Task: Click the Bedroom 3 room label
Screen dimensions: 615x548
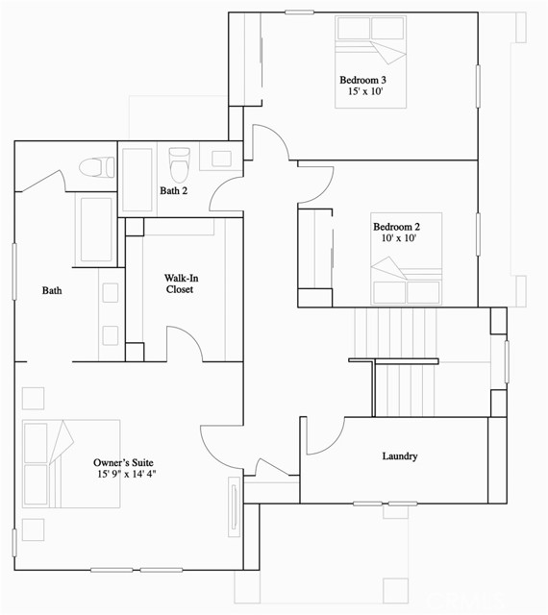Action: point(362,80)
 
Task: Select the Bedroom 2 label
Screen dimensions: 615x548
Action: point(396,228)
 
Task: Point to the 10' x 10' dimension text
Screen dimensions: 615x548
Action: point(396,240)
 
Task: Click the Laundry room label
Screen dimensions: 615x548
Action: point(399,456)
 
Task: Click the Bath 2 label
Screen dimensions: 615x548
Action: point(173,190)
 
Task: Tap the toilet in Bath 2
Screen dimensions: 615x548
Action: point(178,167)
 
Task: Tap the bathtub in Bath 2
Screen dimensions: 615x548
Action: point(137,180)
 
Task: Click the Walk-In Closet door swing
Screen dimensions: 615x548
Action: point(183,344)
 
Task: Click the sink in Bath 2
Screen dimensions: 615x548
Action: point(221,159)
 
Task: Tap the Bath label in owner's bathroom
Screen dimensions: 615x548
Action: point(52,289)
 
